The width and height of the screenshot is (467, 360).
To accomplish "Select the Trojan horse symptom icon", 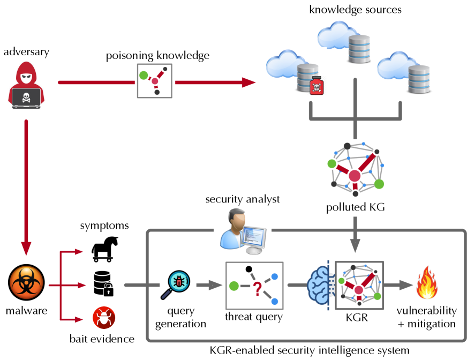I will coord(103,249).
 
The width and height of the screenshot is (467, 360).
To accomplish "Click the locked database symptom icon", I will coord(103,284).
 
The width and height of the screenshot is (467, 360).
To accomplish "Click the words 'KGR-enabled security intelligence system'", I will coord(311,350).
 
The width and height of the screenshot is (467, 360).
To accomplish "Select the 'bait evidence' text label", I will coord(102,338).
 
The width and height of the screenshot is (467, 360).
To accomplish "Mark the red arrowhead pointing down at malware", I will coord(26,248).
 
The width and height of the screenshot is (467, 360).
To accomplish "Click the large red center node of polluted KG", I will coord(354,175).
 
